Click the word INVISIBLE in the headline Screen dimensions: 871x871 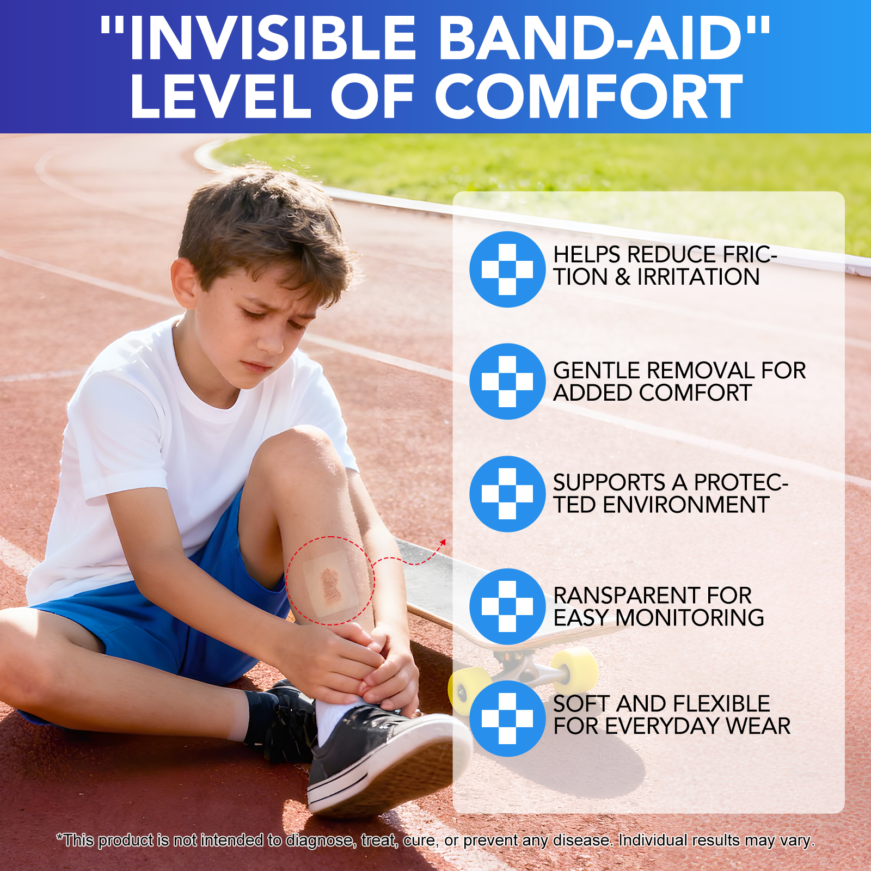[x=265, y=38]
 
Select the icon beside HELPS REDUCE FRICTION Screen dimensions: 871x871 [x=507, y=269]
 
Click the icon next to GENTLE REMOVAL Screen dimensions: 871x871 [x=507, y=382]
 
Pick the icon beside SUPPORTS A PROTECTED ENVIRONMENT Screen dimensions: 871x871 [x=507, y=494]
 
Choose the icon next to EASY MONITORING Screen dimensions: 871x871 [x=507, y=606]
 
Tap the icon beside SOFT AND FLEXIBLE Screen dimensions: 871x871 [x=507, y=719]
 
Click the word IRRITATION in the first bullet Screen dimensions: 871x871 [x=698, y=277]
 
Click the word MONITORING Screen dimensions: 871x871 [x=689, y=618]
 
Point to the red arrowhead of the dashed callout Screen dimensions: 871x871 [x=443, y=542]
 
